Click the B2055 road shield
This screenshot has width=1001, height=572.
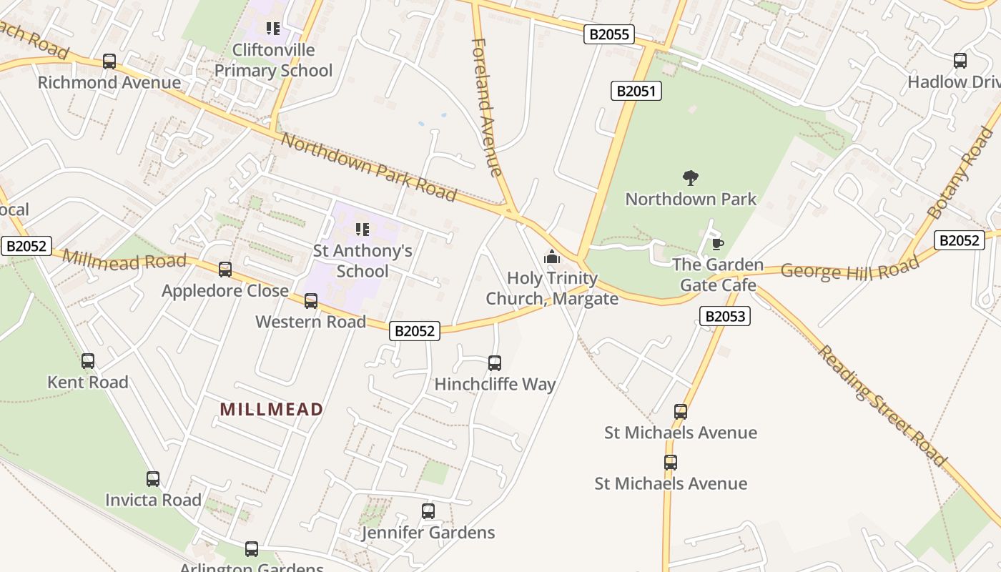pyautogui.click(x=609, y=34)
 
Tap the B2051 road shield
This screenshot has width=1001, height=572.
pyautogui.click(x=636, y=91)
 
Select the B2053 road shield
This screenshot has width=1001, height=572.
pyautogui.click(x=725, y=316)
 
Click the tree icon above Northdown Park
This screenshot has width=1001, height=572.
pyautogui.click(x=691, y=177)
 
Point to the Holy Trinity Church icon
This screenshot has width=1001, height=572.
pyautogui.click(x=552, y=257)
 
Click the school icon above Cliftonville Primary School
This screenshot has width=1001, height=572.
pyautogui.click(x=273, y=29)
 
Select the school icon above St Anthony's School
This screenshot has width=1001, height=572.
pyautogui.click(x=363, y=230)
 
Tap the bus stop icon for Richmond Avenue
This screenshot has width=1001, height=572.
pyautogui.click(x=109, y=61)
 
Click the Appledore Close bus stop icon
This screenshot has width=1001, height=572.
pyautogui.click(x=225, y=270)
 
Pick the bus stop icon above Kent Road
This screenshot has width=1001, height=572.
pyautogui.click(x=88, y=361)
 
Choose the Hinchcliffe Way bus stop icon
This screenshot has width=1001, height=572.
pyautogui.click(x=495, y=363)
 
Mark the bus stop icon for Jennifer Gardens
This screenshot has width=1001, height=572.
pyautogui.click(x=428, y=511)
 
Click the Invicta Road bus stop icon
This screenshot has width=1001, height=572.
pyautogui.click(x=153, y=479)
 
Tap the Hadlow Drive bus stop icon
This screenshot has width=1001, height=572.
pyautogui.click(x=960, y=61)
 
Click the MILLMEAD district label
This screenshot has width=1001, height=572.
pyautogui.click(x=272, y=410)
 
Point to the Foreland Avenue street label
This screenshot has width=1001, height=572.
pyautogui.click(x=487, y=107)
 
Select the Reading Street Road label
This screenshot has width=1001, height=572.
pyautogui.click(x=882, y=405)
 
